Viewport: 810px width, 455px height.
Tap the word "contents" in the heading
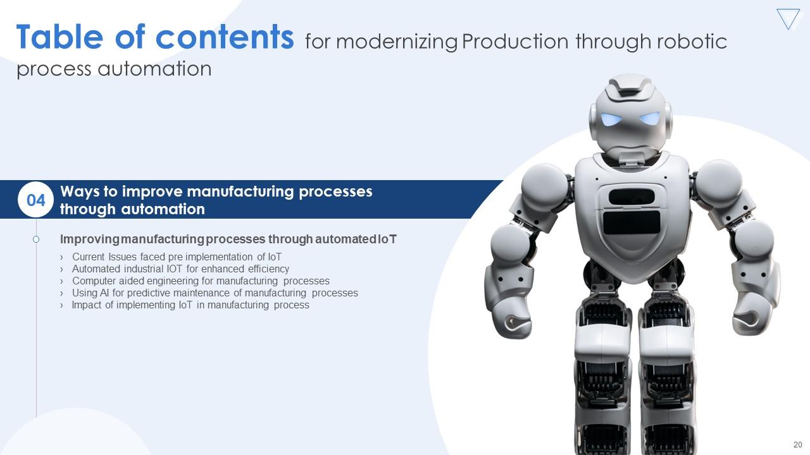225,38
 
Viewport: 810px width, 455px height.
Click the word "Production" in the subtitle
515,42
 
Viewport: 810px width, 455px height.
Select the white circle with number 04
36,200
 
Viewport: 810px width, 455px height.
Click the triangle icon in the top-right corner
788,19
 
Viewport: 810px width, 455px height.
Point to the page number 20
797,444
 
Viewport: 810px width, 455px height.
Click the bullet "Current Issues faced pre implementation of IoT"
177,257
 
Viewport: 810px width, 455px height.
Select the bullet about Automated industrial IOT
180,269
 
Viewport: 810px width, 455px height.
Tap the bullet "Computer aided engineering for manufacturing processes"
201,281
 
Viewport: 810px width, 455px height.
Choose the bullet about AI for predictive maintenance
215,293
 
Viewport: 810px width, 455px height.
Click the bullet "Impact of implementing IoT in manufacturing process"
190,305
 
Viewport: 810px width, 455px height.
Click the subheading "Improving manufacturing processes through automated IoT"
228,240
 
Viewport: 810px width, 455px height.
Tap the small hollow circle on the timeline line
36,240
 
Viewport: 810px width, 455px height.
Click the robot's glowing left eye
610,119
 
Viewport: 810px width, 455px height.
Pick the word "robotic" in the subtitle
693,42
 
